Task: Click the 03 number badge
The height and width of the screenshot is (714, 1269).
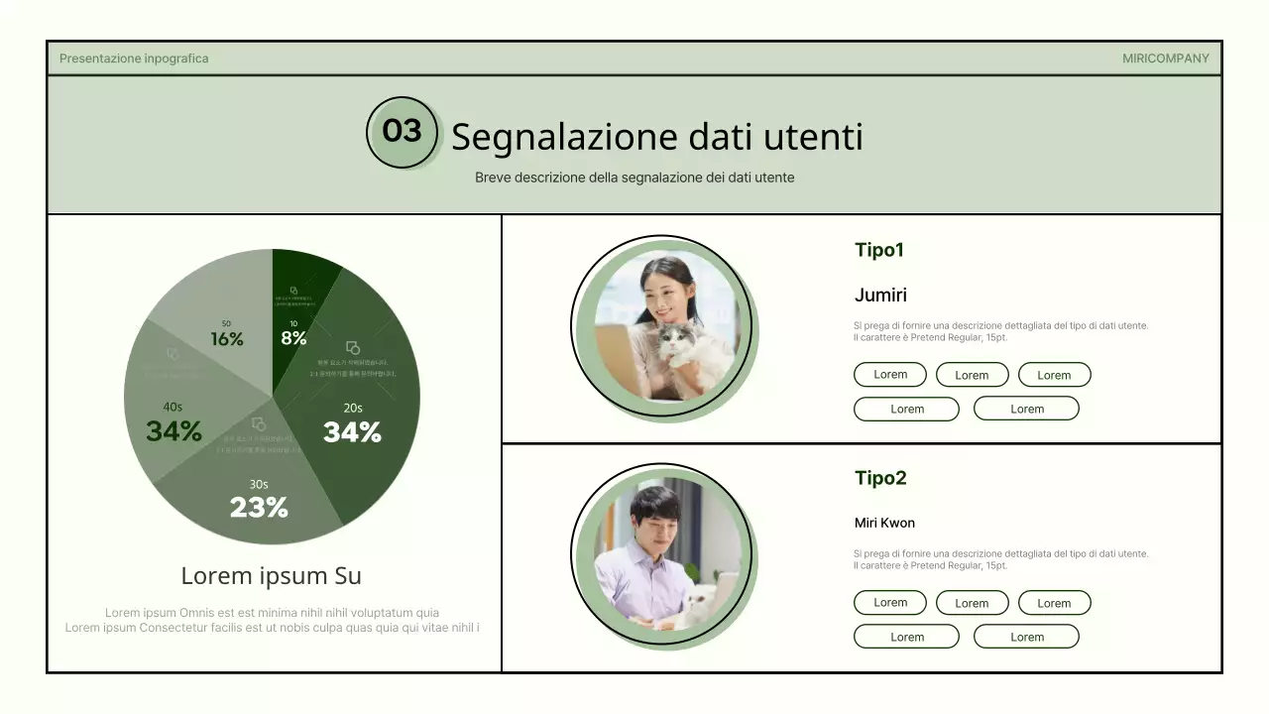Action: click(x=402, y=131)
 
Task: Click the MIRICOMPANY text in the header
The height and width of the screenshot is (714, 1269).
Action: click(x=1165, y=59)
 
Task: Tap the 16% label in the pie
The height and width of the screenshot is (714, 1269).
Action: click(x=227, y=339)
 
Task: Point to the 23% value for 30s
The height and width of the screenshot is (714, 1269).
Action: click(x=259, y=508)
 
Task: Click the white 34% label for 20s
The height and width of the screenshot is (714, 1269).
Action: click(x=352, y=432)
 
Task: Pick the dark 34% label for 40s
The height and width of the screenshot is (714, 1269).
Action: click(x=173, y=431)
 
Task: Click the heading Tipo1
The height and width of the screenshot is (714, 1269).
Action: click(x=879, y=250)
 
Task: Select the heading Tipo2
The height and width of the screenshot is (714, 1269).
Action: click(x=880, y=478)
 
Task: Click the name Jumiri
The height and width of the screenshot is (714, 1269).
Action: click(x=880, y=296)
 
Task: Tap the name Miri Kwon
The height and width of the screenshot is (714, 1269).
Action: click(x=884, y=523)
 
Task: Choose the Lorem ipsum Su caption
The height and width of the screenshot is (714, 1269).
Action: click(x=271, y=576)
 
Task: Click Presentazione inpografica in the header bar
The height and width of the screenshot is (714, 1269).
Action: click(x=134, y=59)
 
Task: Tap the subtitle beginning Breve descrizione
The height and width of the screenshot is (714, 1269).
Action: click(x=634, y=178)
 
